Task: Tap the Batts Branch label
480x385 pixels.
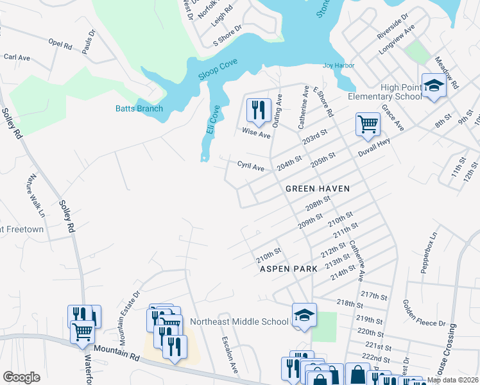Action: [x=139, y=108]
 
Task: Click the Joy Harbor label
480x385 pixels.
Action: [x=338, y=65]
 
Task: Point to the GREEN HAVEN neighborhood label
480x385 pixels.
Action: [x=318, y=189]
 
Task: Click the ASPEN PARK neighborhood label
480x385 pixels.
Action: [x=288, y=269]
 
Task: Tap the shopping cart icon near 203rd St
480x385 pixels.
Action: [x=368, y=124]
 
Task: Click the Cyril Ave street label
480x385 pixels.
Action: [x=251, y=167]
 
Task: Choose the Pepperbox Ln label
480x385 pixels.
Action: [x=429, y=252]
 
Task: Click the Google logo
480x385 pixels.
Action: [x=21, y=377]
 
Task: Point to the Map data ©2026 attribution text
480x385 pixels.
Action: [x=452, y=380]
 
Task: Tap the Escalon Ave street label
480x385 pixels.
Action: [x=230, y=356]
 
